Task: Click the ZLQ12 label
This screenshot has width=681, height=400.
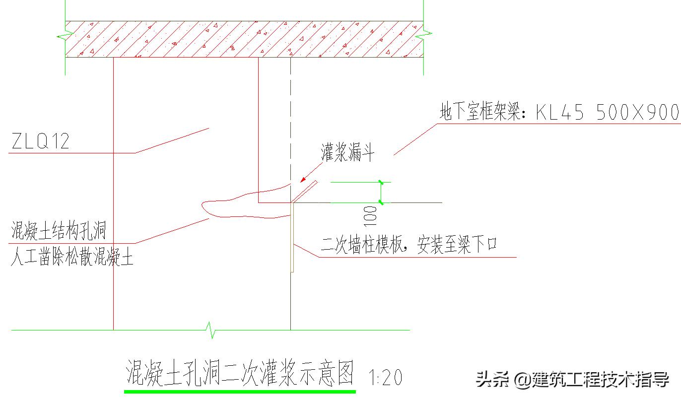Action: pyautogui.click(x=40, y=142)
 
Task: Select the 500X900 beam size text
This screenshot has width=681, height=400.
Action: pyautogui.click(x=637, y=113)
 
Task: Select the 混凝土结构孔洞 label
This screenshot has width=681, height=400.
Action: pyautogui.click(x=59, y=231)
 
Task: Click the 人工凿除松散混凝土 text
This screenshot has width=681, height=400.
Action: pyautogui.click(x=72, y=258)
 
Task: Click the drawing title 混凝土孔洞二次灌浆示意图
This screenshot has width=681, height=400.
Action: pyautogui.click(x=241, y=373)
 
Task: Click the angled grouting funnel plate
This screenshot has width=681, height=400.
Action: pyautogui.click(x=305, y=192)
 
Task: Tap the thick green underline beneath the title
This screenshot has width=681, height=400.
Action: pyautogui.click(x=240, y=392)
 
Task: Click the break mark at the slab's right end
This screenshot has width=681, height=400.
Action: pyautogui.click(x=425, y=36)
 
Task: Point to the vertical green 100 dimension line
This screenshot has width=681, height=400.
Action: pyautogui.click(x=381, y=192)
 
